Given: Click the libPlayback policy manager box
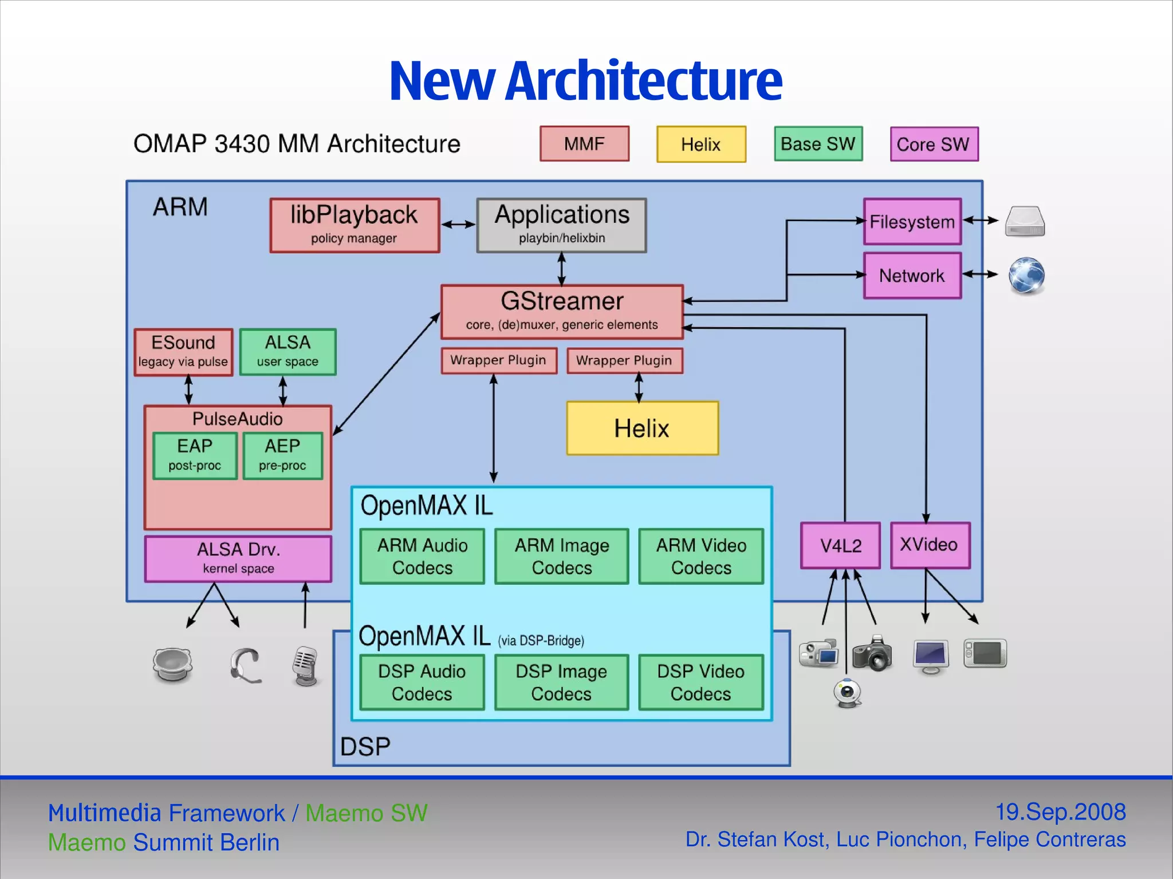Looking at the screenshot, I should coord(355,225).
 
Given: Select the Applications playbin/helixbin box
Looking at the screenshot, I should coord(561,225).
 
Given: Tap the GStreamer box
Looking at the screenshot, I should coord(562,312).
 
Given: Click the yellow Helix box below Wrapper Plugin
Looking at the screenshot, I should coord(642,428).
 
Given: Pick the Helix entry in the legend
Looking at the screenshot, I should coord(701,144).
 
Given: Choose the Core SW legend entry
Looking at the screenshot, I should coord(934,144).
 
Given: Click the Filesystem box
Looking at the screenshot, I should coord(912,222).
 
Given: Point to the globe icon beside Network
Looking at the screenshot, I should coord(1026,275).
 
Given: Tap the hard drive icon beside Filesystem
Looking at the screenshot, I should coord(1025,222).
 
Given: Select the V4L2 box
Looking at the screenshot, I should coord(840,545).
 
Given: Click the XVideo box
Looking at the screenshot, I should coord(930,545).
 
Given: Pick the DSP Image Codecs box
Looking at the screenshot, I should coord(561,682).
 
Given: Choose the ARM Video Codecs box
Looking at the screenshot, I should coord(701,556).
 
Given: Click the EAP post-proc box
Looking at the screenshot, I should coord(195,455).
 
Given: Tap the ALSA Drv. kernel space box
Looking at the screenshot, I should coord(238,558).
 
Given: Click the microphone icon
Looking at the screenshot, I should coord(305,666).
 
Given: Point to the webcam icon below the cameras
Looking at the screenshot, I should coord(847,693).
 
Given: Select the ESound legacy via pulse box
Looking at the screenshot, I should coord(183,352).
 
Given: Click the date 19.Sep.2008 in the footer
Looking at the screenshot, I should coord(1060,811).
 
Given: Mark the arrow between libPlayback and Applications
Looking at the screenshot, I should coord(458,224).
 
